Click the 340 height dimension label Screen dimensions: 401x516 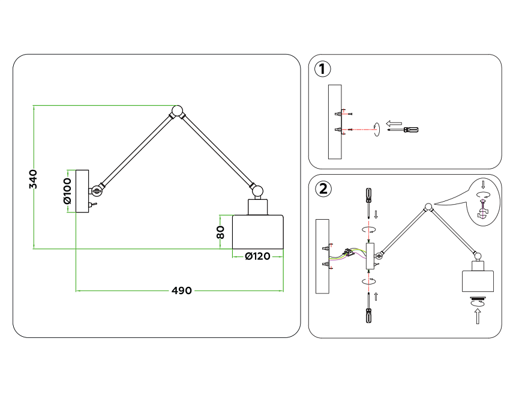click(34, 179)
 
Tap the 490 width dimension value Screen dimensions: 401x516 click(181, 291)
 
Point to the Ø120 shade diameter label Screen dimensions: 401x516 click(257, 256)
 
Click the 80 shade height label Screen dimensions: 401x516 click(221, 232)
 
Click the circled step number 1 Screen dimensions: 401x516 click(323, 69)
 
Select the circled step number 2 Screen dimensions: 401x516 click(323, 189)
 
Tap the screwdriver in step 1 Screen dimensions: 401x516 click(403, 129)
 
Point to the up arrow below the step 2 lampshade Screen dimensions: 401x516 click(478, 315)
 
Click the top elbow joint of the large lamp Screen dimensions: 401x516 click(178, 111)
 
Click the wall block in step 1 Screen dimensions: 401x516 click(335, 122)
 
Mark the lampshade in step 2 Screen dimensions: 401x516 click(478, 282)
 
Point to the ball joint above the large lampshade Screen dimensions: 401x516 click(257, 191)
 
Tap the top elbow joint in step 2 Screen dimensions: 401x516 click(428, 208)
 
